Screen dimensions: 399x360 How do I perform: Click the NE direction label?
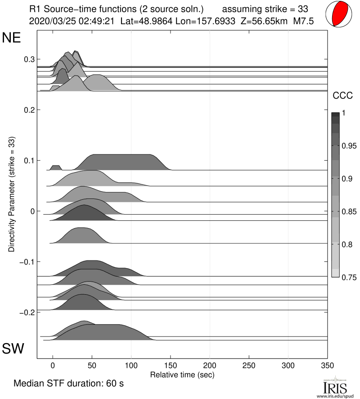[x=12, y=38]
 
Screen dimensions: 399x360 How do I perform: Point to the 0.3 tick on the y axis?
[x=29, y=59]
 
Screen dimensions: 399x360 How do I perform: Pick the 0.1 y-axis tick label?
[x=29, y=161]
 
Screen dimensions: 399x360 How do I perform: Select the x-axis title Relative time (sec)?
[x=182, y=374]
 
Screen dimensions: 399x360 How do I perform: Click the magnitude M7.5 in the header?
[x=303, y=21]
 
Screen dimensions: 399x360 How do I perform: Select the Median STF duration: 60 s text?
[x=69, y=384]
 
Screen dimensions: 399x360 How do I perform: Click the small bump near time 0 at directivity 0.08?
[x=55, y=168]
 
